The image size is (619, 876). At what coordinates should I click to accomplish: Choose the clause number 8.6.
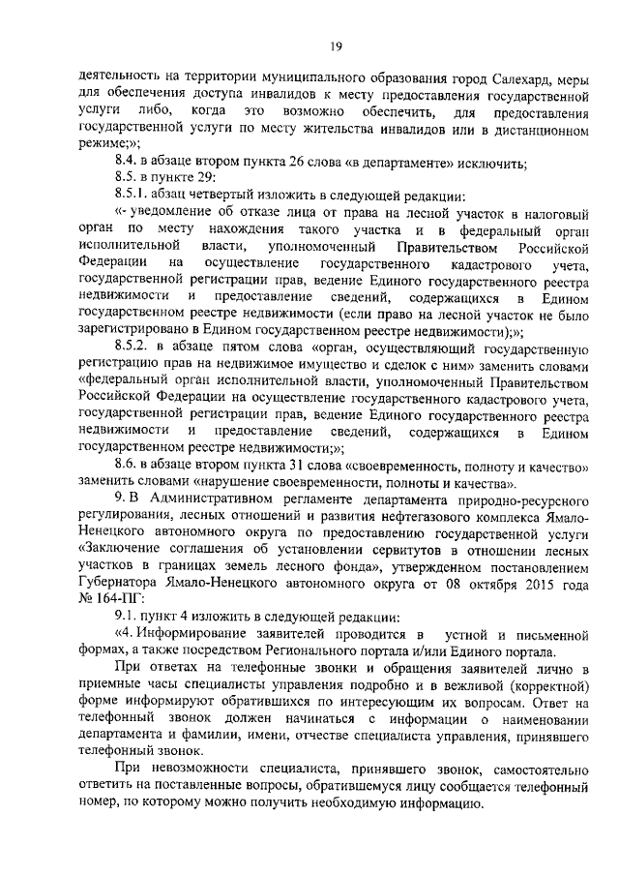127,466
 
